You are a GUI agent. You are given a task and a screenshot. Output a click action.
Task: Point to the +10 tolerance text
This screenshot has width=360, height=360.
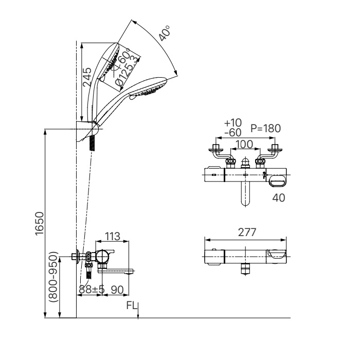tap(233, 123)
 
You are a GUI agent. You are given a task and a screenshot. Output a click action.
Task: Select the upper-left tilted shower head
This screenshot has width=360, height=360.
tap(111, 62)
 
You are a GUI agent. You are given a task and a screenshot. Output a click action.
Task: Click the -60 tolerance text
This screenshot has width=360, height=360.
tap(233, 133)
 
